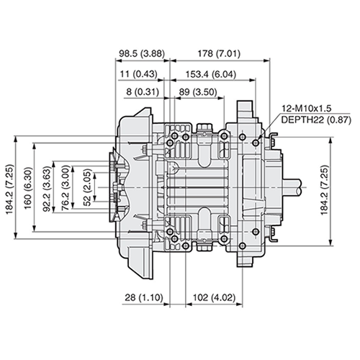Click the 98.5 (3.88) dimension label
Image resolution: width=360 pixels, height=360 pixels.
tap(142, 53)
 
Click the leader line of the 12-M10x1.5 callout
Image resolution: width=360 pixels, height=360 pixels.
tap(269, 128)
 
